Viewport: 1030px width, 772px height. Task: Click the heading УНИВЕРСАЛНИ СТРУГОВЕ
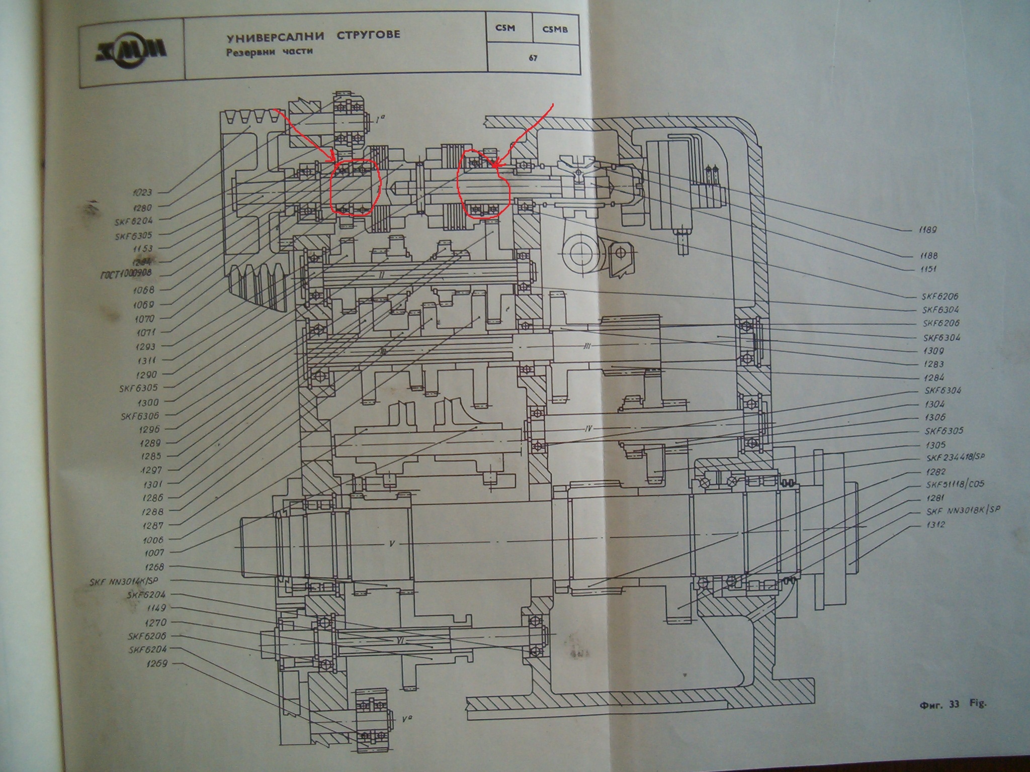(313, 36)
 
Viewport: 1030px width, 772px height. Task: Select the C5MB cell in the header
(555, 29)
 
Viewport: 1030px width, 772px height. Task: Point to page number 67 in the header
(533, 58)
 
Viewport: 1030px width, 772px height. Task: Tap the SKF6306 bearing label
(140, 416)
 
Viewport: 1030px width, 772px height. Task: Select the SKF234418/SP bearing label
(955, 458)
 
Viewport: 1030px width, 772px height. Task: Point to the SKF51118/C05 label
(955, 485)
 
